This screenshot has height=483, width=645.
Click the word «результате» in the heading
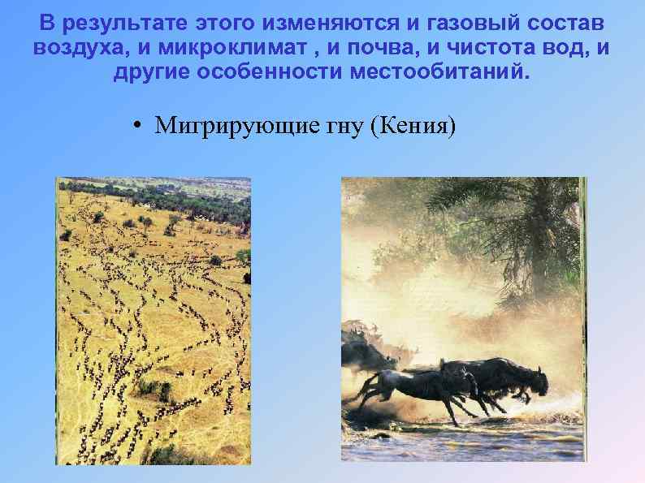point(128,20)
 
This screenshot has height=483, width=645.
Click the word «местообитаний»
point(439,74)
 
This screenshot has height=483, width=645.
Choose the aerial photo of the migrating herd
point(154,321)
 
